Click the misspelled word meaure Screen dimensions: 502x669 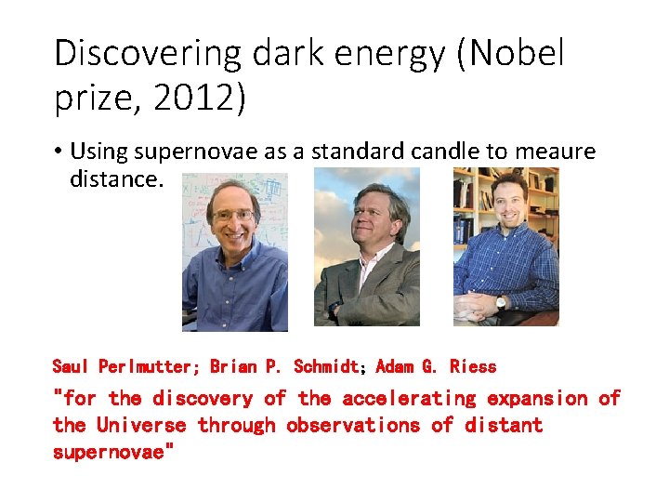coord(562,152)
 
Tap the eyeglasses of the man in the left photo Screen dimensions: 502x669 coord(232,215)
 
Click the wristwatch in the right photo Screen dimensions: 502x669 coord(501,301)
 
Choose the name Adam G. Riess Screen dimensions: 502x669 coord(436,366)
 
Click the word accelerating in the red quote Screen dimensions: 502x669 coord(409,399)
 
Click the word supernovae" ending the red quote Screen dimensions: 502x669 coord(113,453)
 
